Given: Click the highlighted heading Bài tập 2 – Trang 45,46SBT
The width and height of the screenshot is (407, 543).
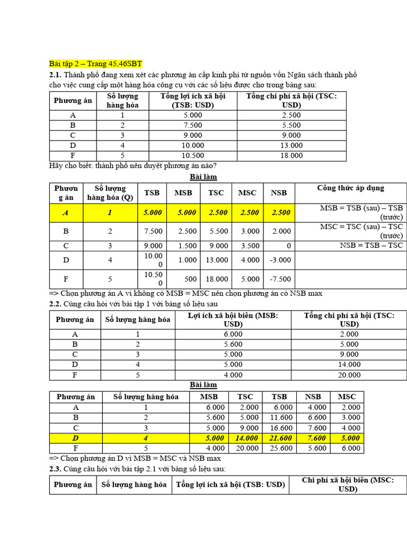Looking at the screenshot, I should [x=95, y=64].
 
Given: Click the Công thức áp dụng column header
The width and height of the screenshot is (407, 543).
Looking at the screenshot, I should [x=350, y=188].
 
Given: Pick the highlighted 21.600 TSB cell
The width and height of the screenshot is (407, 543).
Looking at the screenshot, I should [x=279, y=438].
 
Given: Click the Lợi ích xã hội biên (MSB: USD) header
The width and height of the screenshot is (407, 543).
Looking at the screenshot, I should [x=233, y=319].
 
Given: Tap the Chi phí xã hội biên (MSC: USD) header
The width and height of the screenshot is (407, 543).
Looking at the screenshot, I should [x=348, y=484].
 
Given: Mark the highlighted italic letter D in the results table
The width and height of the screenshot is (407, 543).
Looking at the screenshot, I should [x=75, y=438].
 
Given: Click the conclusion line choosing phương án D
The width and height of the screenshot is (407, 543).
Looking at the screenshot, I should [x=135, y=458].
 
